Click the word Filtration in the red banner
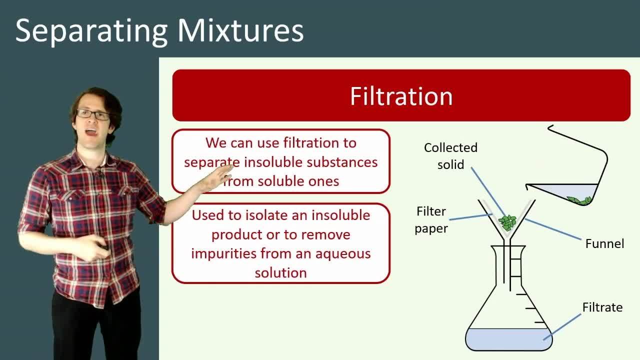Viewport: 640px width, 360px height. [401, 96]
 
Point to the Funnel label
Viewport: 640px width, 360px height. [604, 243]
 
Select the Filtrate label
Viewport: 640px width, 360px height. [602, 307]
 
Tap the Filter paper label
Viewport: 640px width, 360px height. [431, 220]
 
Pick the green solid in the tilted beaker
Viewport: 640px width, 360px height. [580, 200]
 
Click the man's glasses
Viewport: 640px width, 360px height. [93, 114]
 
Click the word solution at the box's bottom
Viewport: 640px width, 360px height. [280, 272]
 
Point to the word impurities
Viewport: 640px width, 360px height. [224, 253]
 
